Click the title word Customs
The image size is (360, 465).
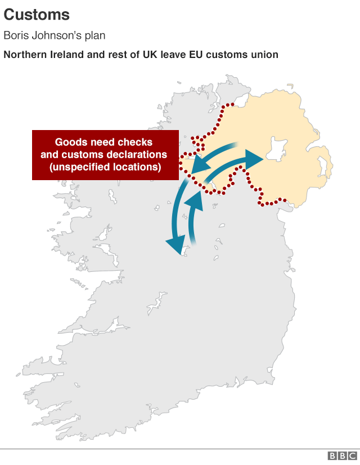[x=37, y=15]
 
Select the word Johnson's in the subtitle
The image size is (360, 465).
[x=55, y=35]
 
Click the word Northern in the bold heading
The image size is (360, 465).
[x=25, y=55]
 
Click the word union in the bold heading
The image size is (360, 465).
[x=264, y=55]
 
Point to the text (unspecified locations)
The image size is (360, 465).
[x=105, y=167]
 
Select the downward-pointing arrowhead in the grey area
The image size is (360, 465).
[x=175, y=245]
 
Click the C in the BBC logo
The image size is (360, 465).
[x=352, y=456]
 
